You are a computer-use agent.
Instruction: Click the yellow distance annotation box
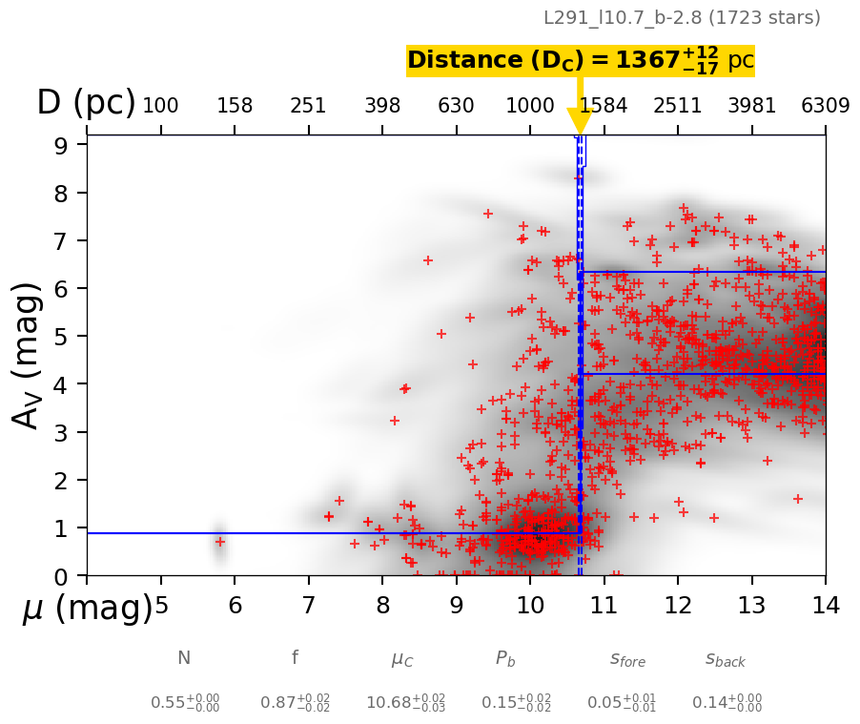click(580, 61)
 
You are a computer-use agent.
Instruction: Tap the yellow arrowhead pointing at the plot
click(580, 121)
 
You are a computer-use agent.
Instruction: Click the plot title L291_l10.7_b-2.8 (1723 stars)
click(682, 18)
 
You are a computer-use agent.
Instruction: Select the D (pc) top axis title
click(86, 103)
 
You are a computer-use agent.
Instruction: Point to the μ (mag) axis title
click(87, 608)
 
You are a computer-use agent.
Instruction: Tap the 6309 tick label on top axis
click(825, 106)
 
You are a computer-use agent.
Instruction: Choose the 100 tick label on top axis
click(160, 106)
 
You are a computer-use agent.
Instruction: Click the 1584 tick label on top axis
click(604, 106)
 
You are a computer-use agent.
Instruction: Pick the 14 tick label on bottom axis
click(825, 604)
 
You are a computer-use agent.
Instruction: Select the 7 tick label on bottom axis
click(308, 604)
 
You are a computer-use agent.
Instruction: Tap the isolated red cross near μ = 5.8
click(219, 542)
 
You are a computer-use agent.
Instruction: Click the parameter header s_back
click(726, 659)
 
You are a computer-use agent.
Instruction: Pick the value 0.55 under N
click(185, 703)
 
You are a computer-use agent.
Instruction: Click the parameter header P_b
click(505, 658)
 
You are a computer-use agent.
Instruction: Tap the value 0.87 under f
click(296, 703)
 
